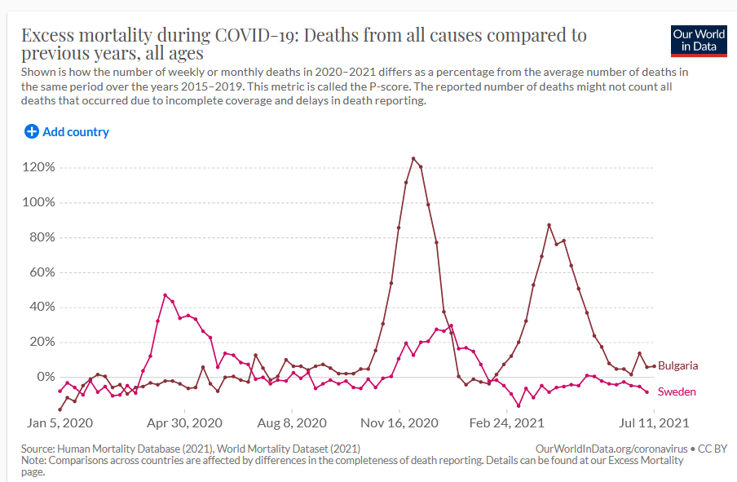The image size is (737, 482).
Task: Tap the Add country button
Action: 66,131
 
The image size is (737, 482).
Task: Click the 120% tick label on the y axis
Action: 38,167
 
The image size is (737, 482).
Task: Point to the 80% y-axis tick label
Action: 42,237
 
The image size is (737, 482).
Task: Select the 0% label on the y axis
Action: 45,377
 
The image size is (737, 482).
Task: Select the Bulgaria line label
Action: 677,365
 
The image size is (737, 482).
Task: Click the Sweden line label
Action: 677,391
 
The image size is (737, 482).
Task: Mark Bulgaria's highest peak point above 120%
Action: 413,158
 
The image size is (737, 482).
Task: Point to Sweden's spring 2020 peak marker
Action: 165,295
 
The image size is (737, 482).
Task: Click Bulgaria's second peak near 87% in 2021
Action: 549,225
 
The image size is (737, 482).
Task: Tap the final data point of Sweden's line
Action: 647,392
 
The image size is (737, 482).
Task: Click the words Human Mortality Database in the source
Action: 129,449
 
